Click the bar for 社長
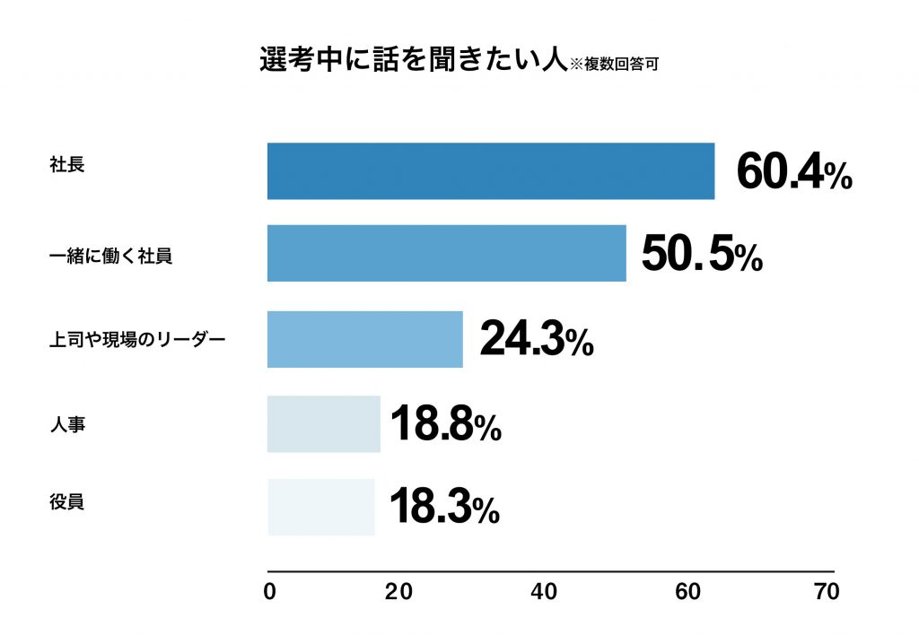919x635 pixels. click(x=491, y=170)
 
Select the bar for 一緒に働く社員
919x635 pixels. click(x=446, y=254)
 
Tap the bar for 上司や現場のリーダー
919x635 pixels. click(x=364, y=339)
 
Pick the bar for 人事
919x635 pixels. click(x=324, y=423)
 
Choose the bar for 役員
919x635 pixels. click(x=321, y=507)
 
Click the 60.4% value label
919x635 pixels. click(x=793, y=172)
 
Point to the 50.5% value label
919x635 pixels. click(x=702, y=255)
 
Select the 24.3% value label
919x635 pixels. click(x=536, y=339)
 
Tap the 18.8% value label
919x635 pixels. click(x=445, y=423)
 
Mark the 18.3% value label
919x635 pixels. click(x=444, y=508)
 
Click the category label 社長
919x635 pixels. click(x=67, y=165)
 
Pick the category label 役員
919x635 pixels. click(x=67, y=502)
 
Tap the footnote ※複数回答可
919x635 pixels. click(x=616, y=65)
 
